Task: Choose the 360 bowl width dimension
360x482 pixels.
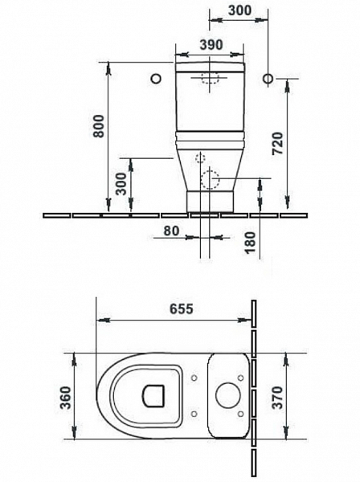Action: click(67, 396)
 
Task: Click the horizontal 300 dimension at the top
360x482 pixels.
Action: click(239, 10)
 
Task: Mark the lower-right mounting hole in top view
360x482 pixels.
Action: click(242, 414)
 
